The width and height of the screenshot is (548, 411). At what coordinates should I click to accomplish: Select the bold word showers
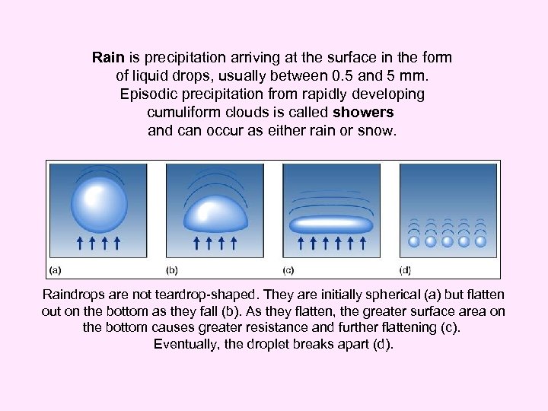coord(364,113)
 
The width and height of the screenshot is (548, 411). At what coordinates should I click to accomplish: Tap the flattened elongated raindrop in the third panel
coord(331,225)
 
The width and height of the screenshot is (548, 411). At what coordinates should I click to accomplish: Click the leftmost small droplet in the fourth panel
coord(414,241)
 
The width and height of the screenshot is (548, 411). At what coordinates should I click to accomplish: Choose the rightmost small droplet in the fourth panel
coord(481,241)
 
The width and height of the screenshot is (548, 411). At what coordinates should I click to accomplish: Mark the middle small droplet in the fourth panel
coord(448,241)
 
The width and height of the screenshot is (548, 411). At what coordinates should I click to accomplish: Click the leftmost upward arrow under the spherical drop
coord(80,243)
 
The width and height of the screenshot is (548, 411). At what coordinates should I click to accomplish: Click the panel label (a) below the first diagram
coord(56,269)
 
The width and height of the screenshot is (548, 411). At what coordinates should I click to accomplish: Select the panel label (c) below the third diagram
coord(288,269)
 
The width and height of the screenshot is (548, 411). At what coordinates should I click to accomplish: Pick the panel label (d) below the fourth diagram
coord(405,269)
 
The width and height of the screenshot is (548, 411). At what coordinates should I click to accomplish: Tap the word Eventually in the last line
coord(187,344)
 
